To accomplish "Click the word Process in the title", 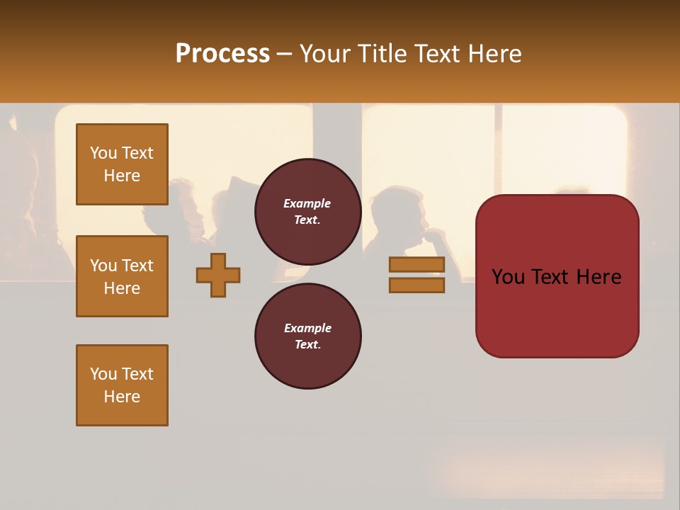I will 222,54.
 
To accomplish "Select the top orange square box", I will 122,164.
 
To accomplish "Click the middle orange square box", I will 122,276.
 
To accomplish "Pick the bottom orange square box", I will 122,385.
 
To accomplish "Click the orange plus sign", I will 218,275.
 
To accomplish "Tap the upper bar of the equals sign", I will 416,265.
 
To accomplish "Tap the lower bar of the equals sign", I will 416,285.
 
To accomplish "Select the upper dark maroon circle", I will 308,212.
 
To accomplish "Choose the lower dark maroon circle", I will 308,336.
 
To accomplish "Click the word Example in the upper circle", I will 307,203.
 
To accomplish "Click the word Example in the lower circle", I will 307,328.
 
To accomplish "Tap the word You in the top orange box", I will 103,153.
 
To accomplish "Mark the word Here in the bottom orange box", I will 122,397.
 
